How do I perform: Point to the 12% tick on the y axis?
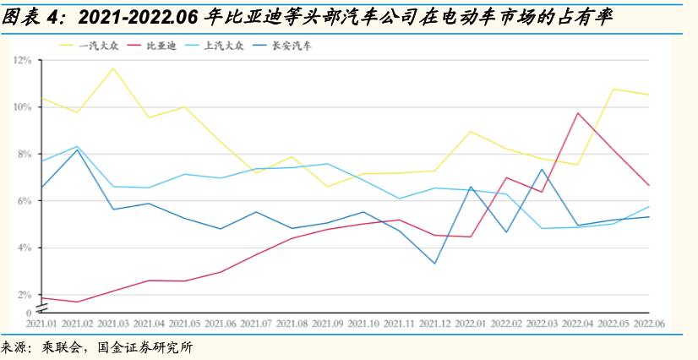[x=23, y=61]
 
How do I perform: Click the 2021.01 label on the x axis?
[x=41, y=323]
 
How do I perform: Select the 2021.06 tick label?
[x=221, y=323]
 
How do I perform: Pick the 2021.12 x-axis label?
[x=434, y=323]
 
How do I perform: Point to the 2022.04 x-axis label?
[x=577, y=323]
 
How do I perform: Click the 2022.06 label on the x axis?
[x=648, y=323]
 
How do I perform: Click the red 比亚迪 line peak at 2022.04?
[x=578, y=113]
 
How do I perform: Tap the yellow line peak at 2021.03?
[x=113, y=68]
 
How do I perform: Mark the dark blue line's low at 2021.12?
[x=434, y=264]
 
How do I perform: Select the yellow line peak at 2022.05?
[x=613, y=89]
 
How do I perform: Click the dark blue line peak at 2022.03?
[x=542, y=170]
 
